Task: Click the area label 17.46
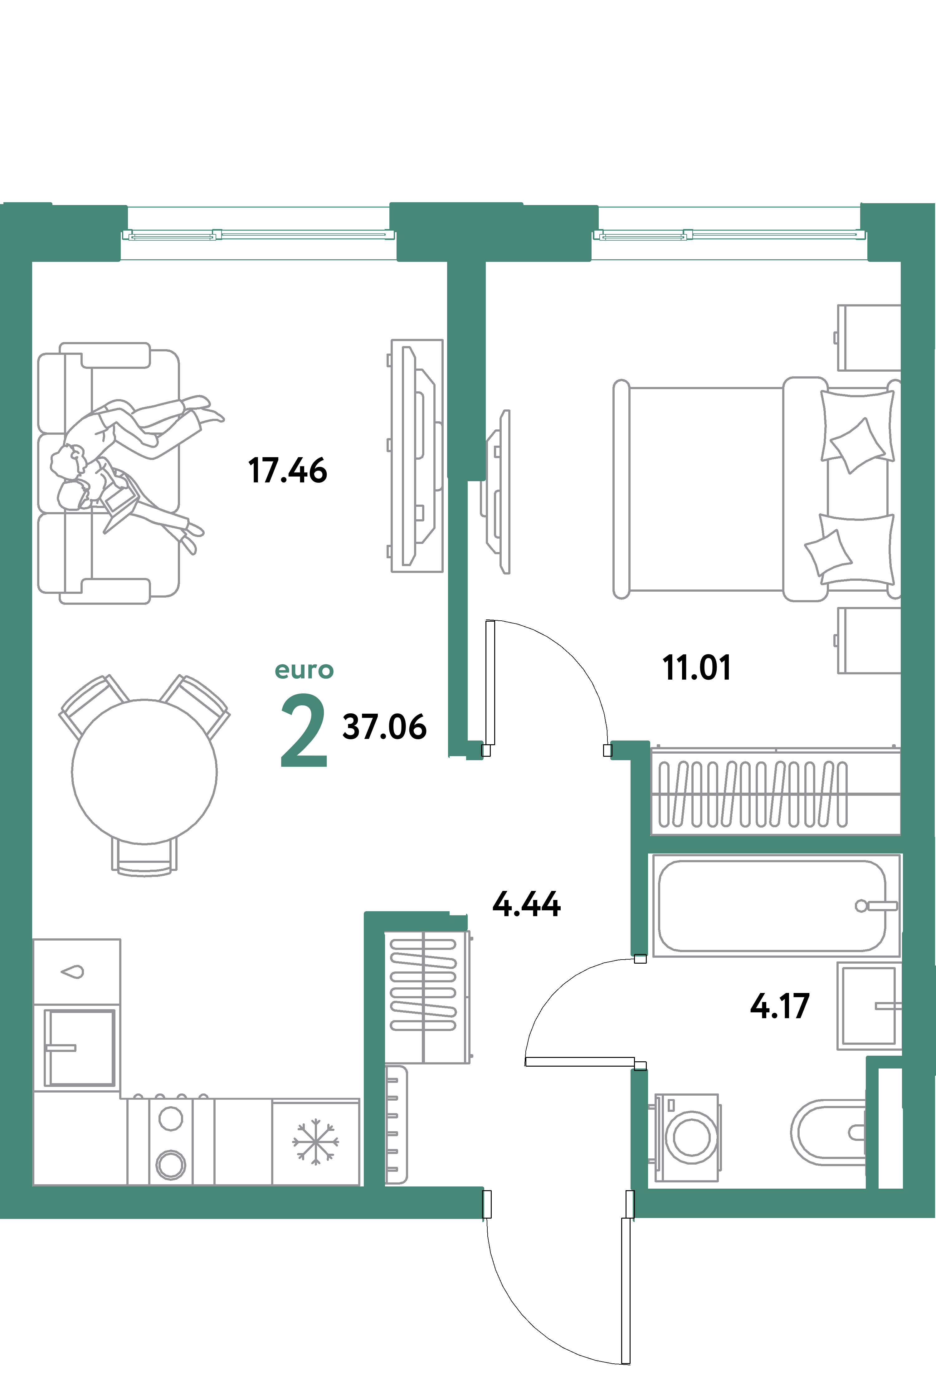pyautogui.click(x=287, y=471)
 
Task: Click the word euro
pyautogui.click(x=304, y=670)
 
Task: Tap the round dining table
pyautogui.click(x=144, y=771)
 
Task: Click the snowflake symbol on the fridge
pyautogui.click(x=315, y=1141)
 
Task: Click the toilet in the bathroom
pyautogui.click(x=828, y=1132)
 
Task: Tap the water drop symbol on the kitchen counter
pyautogui.click(x=73, y=971)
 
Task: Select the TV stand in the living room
pyautogui.click(x=417, y=455)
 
